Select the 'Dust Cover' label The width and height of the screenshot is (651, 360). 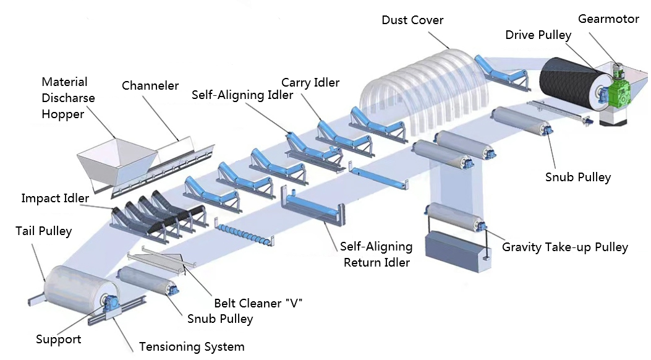point(412,20)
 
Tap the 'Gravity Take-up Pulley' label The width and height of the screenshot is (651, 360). point(564,247)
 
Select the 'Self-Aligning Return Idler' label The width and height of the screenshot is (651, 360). point(376,254)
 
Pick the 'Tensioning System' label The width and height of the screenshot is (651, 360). point(192,346)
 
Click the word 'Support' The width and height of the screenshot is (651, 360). point(58,339)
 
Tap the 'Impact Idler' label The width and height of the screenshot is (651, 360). point(55,198)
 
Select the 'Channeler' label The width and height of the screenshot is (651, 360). point(150,85)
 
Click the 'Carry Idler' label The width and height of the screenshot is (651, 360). point(310,82)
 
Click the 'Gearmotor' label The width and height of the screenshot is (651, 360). point(608,19)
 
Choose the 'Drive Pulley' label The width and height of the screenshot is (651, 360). point(538,35)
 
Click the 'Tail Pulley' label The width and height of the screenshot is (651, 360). point(43,231)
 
